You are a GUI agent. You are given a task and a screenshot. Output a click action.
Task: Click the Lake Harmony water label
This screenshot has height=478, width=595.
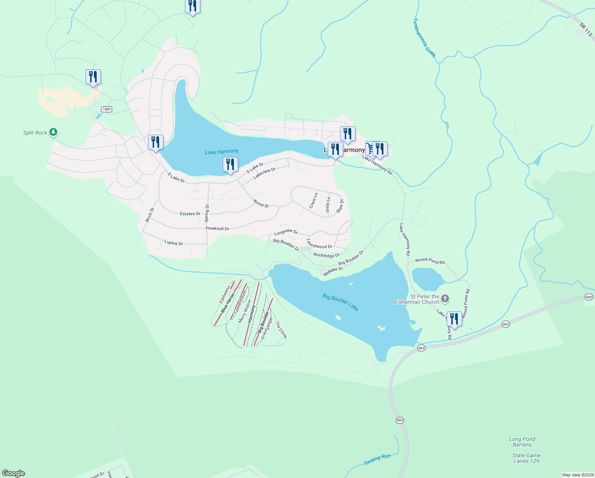(222, 152)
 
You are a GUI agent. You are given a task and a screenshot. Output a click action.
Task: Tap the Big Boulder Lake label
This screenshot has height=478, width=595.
(340, 302)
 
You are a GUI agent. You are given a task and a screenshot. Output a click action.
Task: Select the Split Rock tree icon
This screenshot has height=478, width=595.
(53, 132)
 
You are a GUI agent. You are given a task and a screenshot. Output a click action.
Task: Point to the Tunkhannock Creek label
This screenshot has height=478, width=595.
(424, 38)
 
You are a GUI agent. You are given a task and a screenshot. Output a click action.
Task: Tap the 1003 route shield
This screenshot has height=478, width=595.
(106, 109)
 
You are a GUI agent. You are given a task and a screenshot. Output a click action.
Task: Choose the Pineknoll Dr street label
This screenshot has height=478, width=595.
(217, 229)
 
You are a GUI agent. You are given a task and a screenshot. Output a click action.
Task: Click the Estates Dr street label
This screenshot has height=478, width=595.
(190, 214)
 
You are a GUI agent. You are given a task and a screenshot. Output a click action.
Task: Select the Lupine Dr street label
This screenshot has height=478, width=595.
(174, 243)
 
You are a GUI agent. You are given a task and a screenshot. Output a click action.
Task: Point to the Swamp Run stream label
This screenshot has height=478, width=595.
(377, 459)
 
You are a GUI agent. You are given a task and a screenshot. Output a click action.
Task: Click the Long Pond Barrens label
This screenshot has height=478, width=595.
(522, 442)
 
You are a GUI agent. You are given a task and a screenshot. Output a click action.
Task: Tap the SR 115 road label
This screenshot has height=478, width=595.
(585, 30)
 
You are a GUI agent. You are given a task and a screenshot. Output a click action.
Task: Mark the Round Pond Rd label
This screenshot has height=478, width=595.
(430, 261)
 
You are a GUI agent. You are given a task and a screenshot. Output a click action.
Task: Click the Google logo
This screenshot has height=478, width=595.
(14, 473)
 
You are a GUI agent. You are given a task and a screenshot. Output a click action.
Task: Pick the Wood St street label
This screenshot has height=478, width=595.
(261, 204)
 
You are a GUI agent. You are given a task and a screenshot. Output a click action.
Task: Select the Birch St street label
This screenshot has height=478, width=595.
(150, 215)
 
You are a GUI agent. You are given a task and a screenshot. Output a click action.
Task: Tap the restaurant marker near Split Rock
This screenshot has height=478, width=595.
(93, 76)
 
